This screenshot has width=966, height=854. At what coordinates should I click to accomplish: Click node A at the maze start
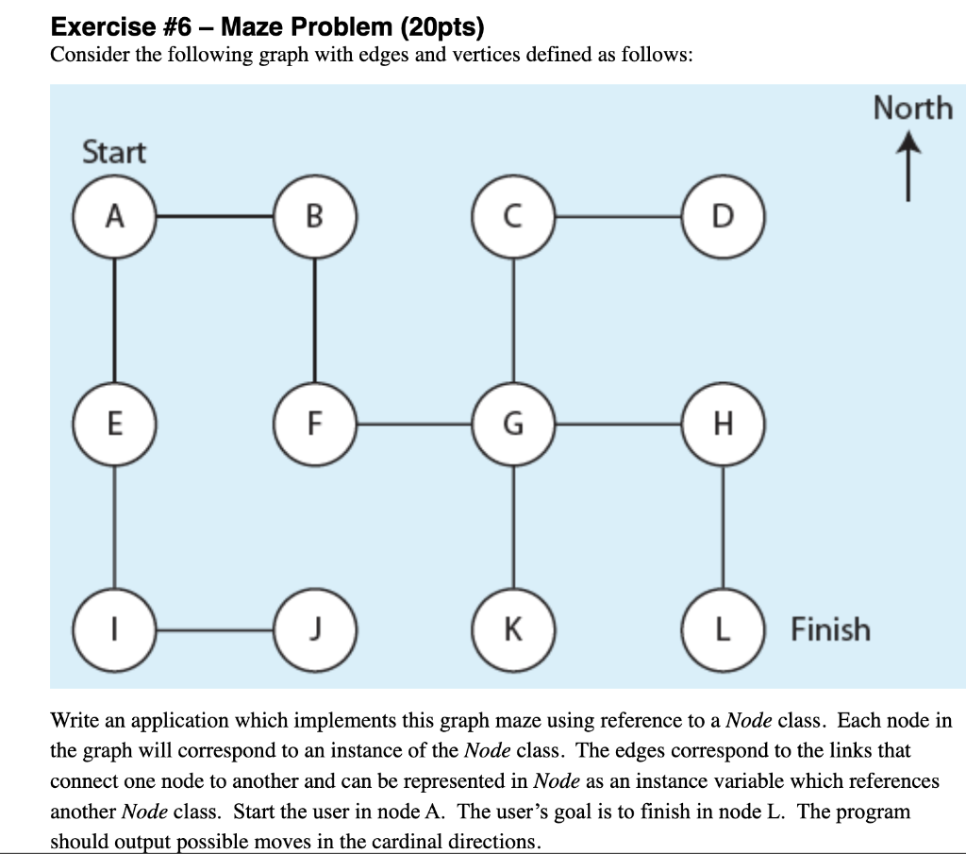(115, 217)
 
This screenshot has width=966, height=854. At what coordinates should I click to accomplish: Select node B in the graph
(314, 217)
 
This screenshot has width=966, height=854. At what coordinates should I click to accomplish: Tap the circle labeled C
(513, 217)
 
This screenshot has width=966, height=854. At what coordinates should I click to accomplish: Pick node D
(723, 217)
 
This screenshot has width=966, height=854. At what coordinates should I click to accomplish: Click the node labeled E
(115, 425)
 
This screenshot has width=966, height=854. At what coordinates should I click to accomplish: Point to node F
(314, 425)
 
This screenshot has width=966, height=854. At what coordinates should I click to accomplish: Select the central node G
(513, 425)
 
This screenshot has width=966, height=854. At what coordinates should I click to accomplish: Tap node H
(723, 425)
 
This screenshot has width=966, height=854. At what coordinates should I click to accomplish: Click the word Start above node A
(114, 152)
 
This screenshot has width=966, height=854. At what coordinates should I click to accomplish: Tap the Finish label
(830, 628)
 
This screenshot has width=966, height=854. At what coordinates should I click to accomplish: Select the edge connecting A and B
(214, 217)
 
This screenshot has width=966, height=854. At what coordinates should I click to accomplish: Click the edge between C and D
(618, 217)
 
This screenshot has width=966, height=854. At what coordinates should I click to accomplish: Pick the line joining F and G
(413, 425)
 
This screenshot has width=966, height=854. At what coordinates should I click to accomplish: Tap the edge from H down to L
(723, 527)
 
